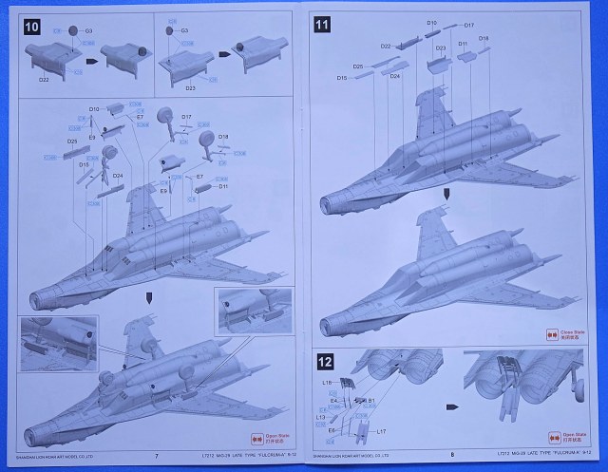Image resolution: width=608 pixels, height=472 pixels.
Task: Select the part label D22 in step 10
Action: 45,81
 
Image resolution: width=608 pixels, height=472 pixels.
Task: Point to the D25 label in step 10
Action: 72,142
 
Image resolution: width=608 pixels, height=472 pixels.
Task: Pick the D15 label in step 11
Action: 341,78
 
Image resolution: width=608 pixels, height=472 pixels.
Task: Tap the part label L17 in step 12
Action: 381,431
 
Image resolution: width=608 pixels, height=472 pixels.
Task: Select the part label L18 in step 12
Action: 327,382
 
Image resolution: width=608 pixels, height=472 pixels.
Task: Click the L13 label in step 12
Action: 321,417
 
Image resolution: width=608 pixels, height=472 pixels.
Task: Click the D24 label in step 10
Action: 118,176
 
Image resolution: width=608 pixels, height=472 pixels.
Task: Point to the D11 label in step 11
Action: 463,45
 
